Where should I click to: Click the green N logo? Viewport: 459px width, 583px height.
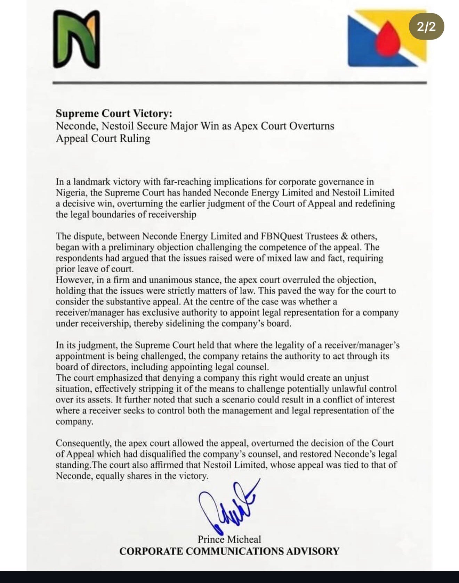(76, 39)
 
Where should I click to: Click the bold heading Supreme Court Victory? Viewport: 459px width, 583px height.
(114, 114)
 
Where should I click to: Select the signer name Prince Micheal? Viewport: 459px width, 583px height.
(229, 539)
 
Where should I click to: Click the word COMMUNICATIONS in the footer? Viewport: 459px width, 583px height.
(235, 551)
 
